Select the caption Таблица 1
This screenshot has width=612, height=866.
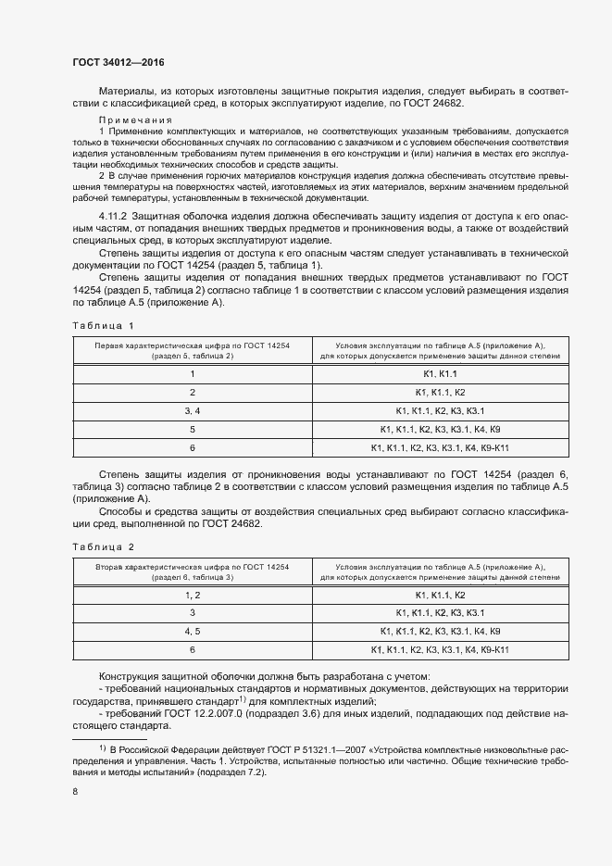tap(104, 325)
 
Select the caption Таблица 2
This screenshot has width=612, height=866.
tap(104, 546)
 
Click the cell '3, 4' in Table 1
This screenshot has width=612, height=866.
tap(193, 410)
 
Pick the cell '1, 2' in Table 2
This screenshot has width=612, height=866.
tap(193, 595)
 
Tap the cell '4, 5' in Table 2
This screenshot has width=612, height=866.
tap(193, 632)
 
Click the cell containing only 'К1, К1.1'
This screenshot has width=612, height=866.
tap(440, 373)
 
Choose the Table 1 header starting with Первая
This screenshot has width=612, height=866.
tap(193, 350)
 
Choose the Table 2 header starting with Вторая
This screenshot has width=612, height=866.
tap(193, 571)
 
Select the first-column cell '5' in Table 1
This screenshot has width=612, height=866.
tap(193, 429)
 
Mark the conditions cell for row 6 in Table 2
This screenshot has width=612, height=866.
tap(440, 650)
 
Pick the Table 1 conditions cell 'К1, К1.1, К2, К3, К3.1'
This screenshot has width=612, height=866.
tap(440, 410)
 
